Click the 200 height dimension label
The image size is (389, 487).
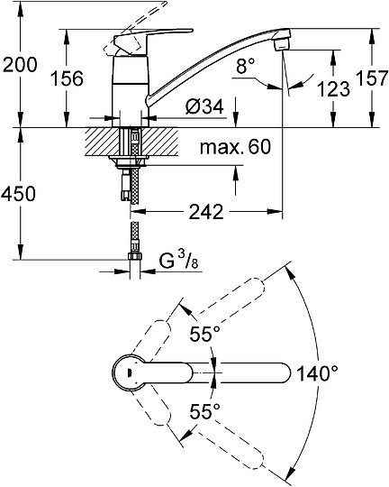[x=20, y=65]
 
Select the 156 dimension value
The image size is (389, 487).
[x=68, y=78]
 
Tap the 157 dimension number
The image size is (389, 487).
[x=372, y=78]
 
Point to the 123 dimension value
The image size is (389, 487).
[x=333, y=88]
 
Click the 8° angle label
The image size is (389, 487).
[x=245, y=66]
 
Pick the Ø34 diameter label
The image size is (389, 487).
[x=204, y=106]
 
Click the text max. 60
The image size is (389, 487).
[x=235, y=147]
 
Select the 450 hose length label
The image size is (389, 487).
[x=18, y=194]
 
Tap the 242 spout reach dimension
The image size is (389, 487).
[x=206, y=212]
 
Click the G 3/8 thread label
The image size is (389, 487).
[x=179, y=260]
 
